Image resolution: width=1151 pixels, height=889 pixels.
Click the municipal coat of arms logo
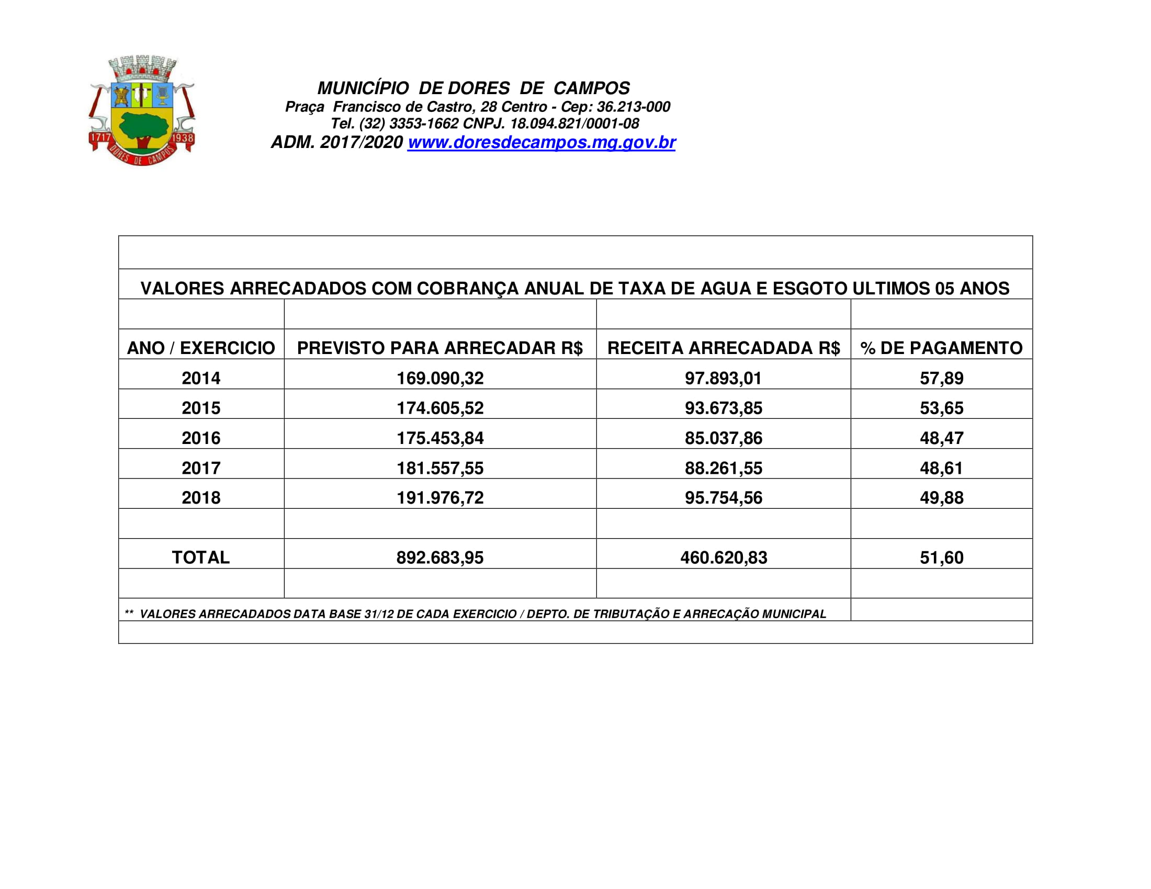click(x=141, y=110)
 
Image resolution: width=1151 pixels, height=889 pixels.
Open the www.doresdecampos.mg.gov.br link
click(x=541, y=143)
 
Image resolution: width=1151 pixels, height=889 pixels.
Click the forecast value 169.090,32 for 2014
click(x=439, y=378)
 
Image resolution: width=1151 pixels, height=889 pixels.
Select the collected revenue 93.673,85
click(x=723, y=408)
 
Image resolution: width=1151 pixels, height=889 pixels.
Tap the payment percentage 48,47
click(x=941, y=438)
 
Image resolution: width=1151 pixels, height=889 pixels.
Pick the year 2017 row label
click(x=201, y=468)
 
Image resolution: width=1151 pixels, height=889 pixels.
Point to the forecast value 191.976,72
click(x=439, y=498)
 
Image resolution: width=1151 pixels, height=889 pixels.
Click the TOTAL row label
click(x=201, y=558)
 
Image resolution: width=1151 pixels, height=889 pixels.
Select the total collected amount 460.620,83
click(x=723, y=558)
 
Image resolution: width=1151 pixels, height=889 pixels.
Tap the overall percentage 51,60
click(x=941, y=558)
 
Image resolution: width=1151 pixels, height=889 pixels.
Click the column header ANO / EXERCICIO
click(x=201, y=348)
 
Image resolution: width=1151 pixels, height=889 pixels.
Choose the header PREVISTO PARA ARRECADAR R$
click(x=439, y=348)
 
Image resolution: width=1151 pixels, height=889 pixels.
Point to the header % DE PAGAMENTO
click(x=941, y=348)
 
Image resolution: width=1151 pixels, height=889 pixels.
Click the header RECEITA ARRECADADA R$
click(x=723, y=348)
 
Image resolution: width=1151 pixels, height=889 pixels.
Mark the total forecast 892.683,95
click(x=439, y=558)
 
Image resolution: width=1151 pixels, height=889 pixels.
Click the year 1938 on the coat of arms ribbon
click(x=183, y=139)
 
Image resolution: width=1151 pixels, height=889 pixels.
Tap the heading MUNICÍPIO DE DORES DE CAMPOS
click(x=473, y=88)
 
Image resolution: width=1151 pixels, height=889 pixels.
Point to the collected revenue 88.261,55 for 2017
click(x=723, y=468)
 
